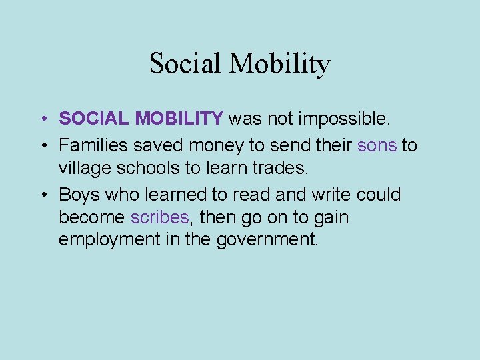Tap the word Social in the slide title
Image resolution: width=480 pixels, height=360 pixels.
tap(186, 64)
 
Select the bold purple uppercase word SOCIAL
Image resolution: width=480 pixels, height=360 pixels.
tap(95, 119)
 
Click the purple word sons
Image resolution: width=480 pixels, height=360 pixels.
tap(377, 145)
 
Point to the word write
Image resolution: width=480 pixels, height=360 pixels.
tap(330, 195)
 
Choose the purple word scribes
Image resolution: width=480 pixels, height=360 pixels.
tap(160, 217)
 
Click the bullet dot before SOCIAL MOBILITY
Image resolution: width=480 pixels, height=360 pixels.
tap(42, 119)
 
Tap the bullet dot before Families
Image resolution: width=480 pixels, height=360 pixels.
tap(42, 146)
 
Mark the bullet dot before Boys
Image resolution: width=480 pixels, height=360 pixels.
tap(42, 195)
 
